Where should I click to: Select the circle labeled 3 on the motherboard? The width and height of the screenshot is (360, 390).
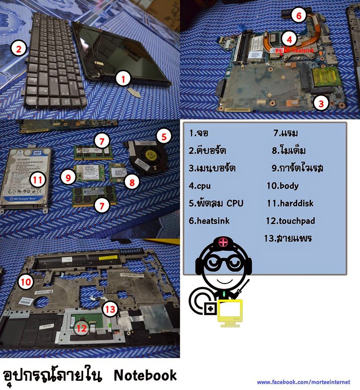click(x=321, y=103)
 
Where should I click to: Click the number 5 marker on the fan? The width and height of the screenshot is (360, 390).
click(x=164, y=136)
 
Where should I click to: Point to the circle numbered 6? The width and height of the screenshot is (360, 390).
click(x=298, y=16)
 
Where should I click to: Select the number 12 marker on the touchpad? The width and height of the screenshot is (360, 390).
click(x=82, y=328)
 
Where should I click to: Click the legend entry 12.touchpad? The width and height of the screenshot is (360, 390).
click(x=290, y=221)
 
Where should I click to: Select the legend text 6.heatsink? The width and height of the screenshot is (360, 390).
click(x=209, y=221)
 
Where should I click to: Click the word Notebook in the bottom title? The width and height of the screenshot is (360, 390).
click(x=145, y=375)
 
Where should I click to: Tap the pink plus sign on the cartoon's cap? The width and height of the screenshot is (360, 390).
click(x=223, y=243)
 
